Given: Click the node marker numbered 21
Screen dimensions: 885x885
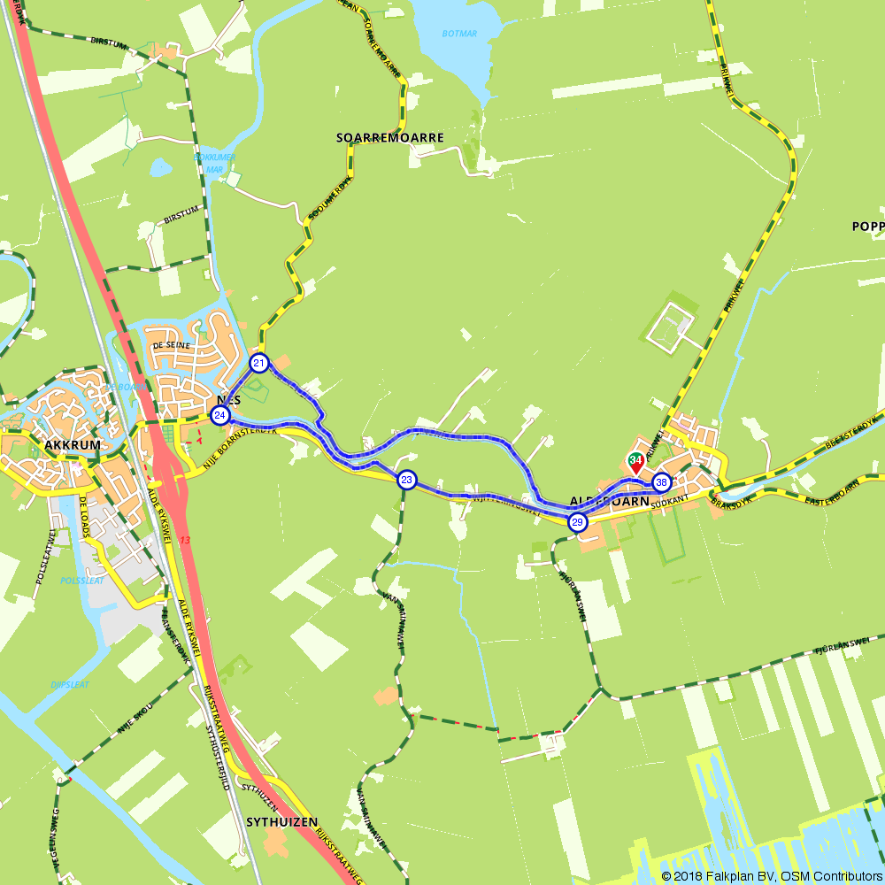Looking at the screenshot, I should (x=259, y=363).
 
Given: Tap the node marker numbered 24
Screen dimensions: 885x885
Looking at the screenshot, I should (x=219, y=415).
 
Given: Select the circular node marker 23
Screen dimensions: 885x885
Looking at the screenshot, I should (x=406, y=480).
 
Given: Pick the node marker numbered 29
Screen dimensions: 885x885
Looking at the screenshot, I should (x=577, y=522).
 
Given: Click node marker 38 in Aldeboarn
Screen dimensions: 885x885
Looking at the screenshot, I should (x=661, y=482).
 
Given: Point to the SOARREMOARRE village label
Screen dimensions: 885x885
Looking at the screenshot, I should (x=389, y=138).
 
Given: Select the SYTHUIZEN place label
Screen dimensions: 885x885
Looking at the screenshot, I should (x=281, y=822).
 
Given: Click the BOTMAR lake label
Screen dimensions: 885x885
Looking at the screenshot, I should (x=459, y=34).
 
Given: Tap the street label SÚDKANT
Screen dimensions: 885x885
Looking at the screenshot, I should (x=670, y=502).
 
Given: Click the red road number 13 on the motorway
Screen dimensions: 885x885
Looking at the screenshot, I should (x=184, y=540).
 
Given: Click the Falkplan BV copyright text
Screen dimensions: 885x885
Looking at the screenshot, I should (x=771, y=875).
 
